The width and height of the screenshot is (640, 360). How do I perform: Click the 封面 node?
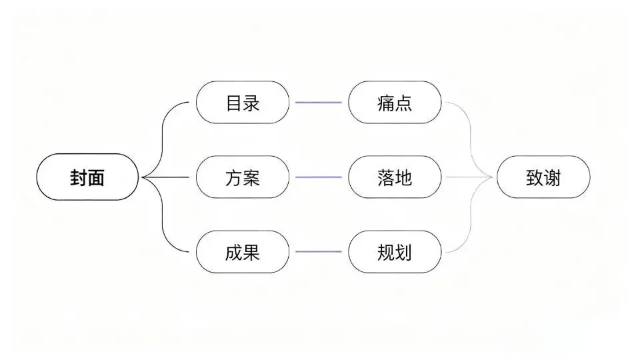pyautogui.click(x=87, y=177)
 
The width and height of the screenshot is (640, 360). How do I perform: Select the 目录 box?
pyautogui.click(x=243, y=103)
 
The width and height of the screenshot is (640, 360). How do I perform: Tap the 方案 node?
pyautogui.click(x=243, y=177)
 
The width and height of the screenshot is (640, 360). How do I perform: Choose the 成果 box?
pyautogui.click(x=243, y=252)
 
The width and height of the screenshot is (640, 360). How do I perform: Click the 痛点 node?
pyautogui.click(x=395, y=103)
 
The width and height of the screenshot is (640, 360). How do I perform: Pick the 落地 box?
pyautogui.click(x=395, y=177)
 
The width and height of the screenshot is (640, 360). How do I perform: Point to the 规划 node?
pyautogui.click(x=395, y=252)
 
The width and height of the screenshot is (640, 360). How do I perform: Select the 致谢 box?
pyautogui.click(x=543, y=177)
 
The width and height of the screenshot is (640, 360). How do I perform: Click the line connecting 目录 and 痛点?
pyautogui.click(x=319, y=103)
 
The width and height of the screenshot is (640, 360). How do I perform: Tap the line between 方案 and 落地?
pyautogui.click(x=319, y=177)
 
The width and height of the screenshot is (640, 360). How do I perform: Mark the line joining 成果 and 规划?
pyautogui.click(x=319, y=252)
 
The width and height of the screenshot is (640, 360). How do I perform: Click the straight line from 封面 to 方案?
pyautogui.click(x=166, y=177)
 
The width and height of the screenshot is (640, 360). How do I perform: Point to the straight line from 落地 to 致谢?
pyautogui.click(x=469, y=177)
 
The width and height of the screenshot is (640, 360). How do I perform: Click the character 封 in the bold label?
pyautogui.click(x=79, y=178)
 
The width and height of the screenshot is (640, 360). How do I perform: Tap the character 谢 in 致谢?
pyautogui.click(x=552, y=178)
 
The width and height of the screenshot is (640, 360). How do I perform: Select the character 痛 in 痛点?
pyautogui.click(x=386, y=103)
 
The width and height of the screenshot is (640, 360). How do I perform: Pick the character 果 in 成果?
pyautogui.click(x=251, y=253)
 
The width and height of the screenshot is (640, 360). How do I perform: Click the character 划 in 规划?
pyautogui.click(x=404, y=253)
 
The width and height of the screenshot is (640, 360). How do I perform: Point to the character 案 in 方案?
pyautogui.click(x=251, y=178)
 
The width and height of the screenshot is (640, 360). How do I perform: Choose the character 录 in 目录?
pyautogui.click(x=251, y=103)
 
